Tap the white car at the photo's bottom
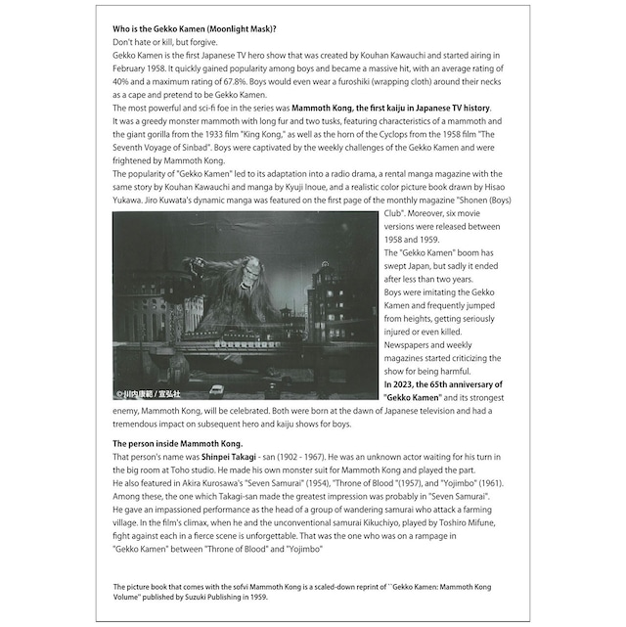218,388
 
